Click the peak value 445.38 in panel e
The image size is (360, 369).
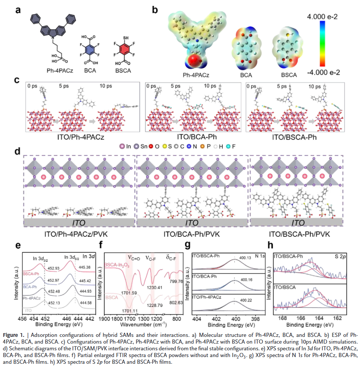[x=83, y=267]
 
